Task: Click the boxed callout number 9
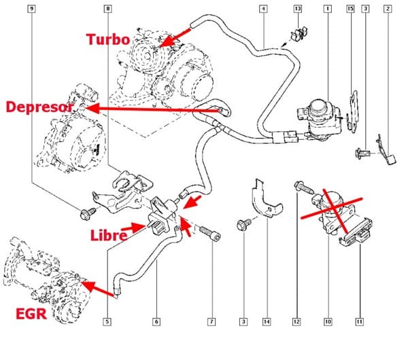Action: [32, 9]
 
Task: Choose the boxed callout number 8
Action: [107, 9]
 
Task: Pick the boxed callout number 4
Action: [263, 9]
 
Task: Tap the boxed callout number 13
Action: [297, 9]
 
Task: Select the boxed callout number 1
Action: [327, 9]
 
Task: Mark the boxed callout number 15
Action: [350, 9]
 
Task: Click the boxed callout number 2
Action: [387, 9]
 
